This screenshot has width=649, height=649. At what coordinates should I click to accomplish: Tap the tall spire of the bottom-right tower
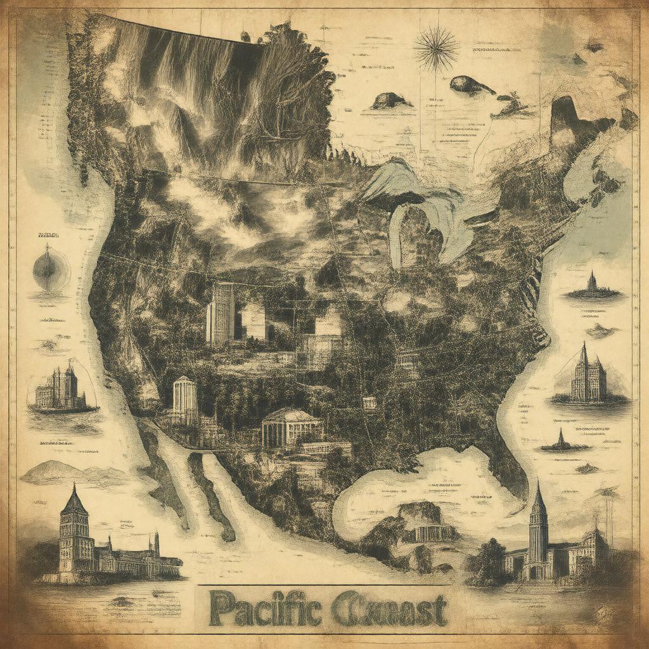(x=538, y=501)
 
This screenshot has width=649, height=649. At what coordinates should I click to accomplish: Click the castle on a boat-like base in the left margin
(x=60, y=390)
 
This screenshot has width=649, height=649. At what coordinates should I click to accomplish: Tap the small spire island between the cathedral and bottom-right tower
(x=560, y=440)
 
